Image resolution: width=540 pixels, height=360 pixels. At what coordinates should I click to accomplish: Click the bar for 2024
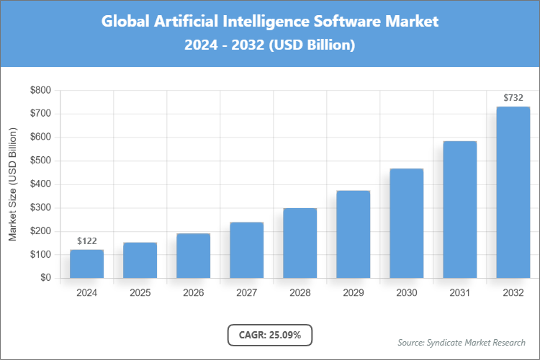pos(86,264)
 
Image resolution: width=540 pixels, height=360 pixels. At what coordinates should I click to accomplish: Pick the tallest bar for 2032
pos(513,192)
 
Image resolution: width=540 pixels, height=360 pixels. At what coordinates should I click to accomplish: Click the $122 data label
pos(86,241)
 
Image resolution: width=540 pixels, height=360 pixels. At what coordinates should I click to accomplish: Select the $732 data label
pos(513,98)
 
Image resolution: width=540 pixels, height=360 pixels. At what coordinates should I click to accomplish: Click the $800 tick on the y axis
pos(40,91)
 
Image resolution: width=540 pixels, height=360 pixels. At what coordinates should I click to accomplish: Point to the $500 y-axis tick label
pos(40,161)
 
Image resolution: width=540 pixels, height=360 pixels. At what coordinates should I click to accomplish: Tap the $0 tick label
pos(46,278)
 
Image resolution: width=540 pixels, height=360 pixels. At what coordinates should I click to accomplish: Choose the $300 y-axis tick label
pos(40,208)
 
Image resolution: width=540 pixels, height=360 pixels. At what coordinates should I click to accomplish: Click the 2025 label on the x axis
pos(140,293)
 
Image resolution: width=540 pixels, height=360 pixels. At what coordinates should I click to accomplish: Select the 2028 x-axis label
pos(300,293)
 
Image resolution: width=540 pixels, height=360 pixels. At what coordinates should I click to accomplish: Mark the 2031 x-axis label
pos(459,293)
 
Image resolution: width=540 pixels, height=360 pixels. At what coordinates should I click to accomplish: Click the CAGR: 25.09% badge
pos(270,335)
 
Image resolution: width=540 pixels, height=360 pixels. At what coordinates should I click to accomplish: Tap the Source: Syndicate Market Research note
pos(462,342)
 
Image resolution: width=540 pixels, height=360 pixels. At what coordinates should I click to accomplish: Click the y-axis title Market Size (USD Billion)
pos(12,185)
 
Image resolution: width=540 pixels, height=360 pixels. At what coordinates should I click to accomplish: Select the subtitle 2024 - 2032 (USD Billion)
pos(270,45)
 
